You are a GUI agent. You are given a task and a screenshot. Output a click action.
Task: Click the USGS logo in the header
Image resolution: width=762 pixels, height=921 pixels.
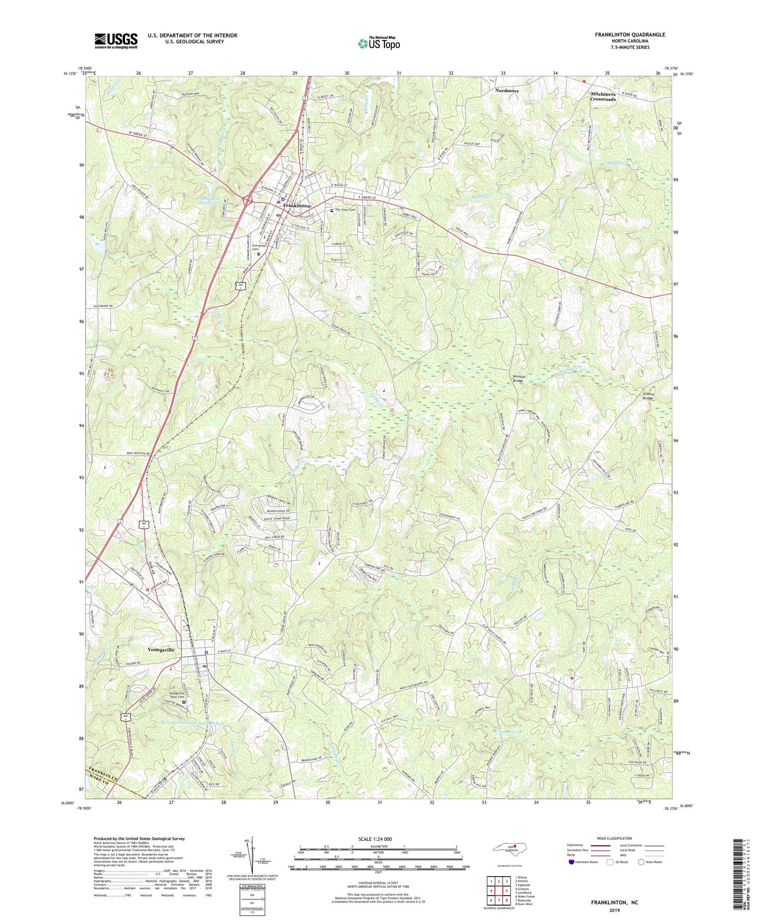(115, 41)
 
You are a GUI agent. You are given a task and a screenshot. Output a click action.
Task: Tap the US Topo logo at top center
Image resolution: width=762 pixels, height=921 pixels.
(379, 43)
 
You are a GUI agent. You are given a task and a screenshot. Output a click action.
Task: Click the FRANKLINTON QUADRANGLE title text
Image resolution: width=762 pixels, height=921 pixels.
(630, 35)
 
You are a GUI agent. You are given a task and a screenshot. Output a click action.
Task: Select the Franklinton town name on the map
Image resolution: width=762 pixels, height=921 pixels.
(297, 206)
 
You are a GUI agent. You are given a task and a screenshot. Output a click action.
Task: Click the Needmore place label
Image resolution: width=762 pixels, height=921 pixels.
(507, 91)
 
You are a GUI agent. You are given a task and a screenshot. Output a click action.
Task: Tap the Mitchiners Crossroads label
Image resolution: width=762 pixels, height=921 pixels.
(603, 97)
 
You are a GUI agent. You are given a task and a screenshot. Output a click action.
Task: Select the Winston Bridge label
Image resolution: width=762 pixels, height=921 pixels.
(519, 378)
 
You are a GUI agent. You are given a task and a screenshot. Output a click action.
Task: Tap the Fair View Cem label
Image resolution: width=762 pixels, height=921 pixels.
(345, 210)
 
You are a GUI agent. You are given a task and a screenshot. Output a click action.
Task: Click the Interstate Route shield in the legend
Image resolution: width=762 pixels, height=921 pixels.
(572, 862)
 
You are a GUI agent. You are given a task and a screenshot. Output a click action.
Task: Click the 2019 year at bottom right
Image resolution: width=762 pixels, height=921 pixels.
(614, 910)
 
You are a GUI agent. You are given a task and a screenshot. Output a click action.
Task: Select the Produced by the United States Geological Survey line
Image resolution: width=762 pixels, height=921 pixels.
(139, 838)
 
